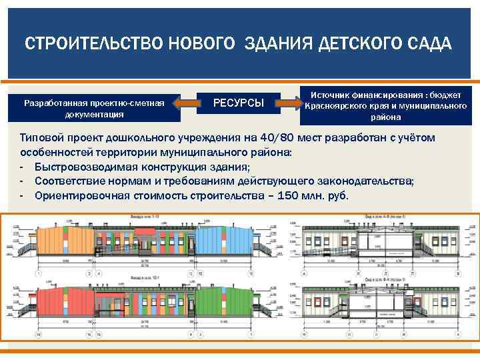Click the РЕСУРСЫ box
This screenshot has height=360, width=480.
pos(238,103)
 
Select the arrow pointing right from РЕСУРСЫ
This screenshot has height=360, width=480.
pos(288,103)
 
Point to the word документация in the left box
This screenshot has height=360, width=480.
pos(93,114)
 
